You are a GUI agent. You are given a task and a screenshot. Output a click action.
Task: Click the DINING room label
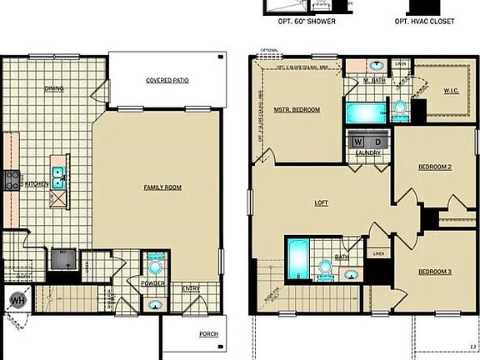(54, 88)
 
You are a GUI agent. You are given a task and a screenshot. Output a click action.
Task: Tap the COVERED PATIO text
(166, 81)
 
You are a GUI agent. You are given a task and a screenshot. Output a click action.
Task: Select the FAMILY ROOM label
(162, 187)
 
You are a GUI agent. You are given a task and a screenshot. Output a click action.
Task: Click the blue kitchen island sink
(58, 174)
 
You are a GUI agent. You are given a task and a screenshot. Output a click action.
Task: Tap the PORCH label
(208, 334)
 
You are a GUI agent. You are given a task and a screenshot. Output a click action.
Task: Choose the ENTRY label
(191, 288)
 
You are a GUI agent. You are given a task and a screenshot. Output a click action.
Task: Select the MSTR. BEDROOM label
(297, 109)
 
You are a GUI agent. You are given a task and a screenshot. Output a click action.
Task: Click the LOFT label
(322, 202)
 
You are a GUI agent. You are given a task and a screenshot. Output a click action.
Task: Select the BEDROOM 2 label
(434, 167)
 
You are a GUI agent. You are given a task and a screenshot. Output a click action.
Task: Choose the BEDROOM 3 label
(434, 272)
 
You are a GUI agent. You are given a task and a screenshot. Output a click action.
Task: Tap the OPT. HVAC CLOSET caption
(425, 21)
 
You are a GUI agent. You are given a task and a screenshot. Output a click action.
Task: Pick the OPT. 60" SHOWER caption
(307, 21)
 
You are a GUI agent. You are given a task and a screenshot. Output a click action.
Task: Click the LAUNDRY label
(367, 153)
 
